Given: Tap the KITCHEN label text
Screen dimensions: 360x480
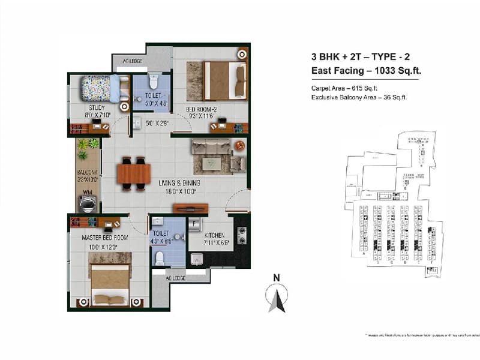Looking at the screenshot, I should tap(214, 236).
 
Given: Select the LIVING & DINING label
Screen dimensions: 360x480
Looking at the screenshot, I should tap(175, 183).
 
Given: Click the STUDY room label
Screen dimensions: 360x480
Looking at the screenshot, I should tap(89, 108).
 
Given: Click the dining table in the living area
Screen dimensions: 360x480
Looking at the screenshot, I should tap(134, 173).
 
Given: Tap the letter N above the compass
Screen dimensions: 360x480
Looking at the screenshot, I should tap(276, 278).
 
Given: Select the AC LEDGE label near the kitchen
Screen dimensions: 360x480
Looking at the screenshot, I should tap(176, 278).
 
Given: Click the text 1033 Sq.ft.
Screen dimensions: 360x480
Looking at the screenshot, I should tap(398, 71).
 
